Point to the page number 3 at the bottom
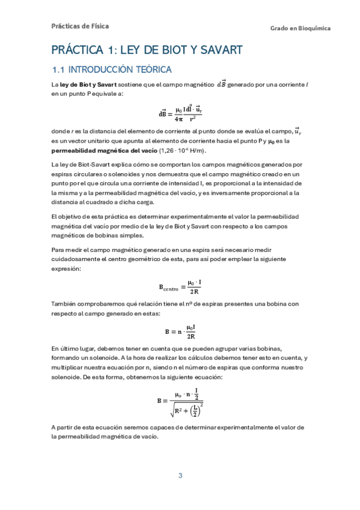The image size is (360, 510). [x=180, y=476]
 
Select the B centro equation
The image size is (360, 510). [x=180, y=286]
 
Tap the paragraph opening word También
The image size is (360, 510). [x=65, y=304]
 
